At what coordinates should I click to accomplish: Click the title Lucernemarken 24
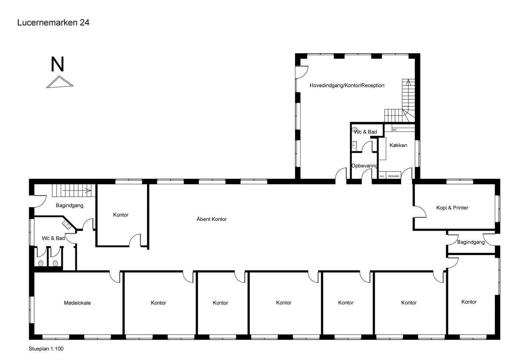point(53,22)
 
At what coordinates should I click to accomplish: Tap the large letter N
point(57,64)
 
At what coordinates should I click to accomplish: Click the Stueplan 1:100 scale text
point(46,349)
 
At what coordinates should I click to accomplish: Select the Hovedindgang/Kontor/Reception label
point(347,85)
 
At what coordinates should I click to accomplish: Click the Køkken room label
point(398,145)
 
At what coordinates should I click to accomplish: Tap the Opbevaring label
point(364,166)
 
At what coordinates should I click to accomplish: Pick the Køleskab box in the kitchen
point(393,176)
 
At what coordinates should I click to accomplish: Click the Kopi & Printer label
point(452,208)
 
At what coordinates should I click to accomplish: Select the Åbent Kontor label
point(212,219)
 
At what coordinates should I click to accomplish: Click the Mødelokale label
point(77,303)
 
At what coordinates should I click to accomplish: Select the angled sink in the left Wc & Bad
point(67,225)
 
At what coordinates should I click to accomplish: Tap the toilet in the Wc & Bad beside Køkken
point(355,130)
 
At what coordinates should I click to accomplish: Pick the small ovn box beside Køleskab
point(382,176)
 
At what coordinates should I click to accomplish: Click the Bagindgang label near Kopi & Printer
point(471,242)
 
